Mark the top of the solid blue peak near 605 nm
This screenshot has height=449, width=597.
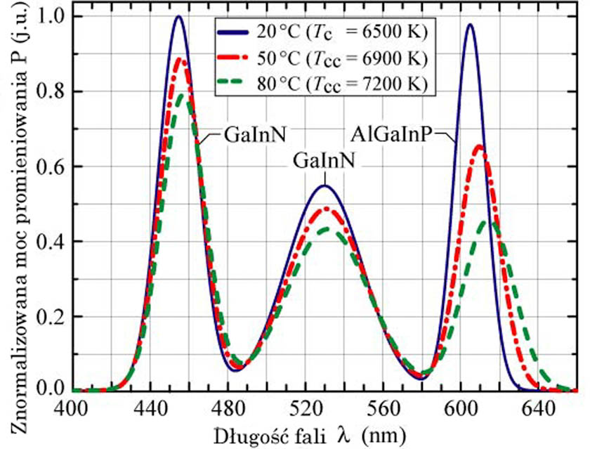pyautogui.click(x=469, y=25)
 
